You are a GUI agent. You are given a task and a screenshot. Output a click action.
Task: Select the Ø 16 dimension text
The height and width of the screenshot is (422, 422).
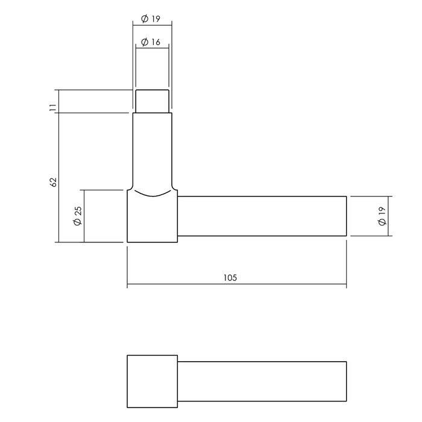pyautogui.click(x=152, y=42)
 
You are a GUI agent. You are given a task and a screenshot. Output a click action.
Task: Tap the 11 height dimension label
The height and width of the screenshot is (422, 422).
pyautogui.click(x=52, y=107)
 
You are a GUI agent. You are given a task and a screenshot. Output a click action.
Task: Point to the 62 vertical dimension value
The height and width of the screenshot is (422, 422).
pyautogui.click(x=52, y=181)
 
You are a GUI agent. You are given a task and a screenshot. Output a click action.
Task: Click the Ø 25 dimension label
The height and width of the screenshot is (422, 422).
pyautogui.click(x=77, y=216)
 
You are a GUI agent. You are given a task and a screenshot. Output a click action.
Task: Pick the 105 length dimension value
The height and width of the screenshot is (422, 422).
pyautogui.click(x=230, y=278)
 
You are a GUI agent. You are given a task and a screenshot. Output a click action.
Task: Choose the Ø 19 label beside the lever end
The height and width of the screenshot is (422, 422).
pyautogui.click(x=382, y=216)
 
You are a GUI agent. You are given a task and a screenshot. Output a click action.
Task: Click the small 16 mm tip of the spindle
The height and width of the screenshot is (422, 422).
pyautogui.click(x=152, y=101)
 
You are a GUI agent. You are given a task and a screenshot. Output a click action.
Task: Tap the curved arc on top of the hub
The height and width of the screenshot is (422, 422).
pyautogui.click(x=152, y=194)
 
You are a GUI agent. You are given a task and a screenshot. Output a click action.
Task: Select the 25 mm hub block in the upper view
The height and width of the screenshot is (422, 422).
pyautogui.click(x=152, y=220)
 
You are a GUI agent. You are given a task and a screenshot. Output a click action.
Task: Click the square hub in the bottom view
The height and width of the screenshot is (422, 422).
pyautogui.click(x=152, y=382)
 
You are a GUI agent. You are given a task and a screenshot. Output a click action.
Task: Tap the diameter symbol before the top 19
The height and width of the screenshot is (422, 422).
pyautogui.click(x=145, y=19)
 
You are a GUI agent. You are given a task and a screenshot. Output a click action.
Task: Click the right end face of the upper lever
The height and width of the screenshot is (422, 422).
pyautogui.click(x=346, y=216)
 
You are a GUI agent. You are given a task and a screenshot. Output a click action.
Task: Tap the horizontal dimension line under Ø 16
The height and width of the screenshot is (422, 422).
pyautogui.click(x=152, y=49)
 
